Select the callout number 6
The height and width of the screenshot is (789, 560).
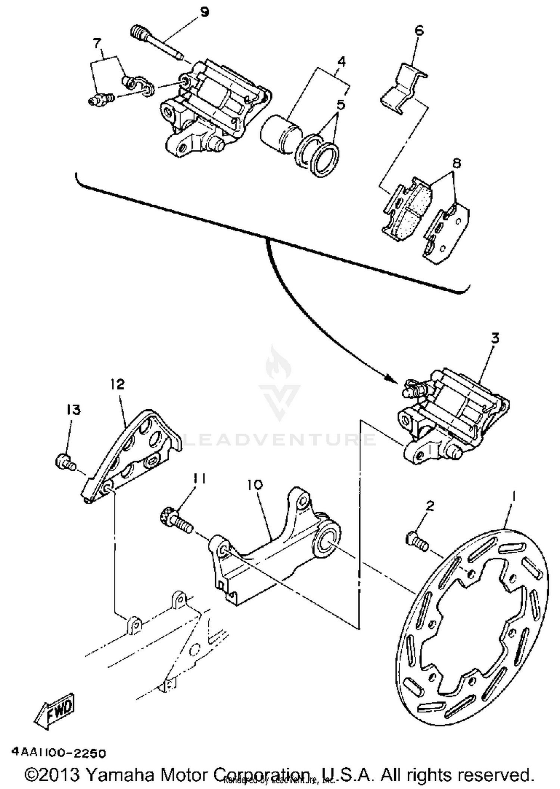(419, 30)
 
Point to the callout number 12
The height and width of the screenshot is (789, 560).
(117, 384)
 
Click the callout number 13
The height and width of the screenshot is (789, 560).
(74, 410)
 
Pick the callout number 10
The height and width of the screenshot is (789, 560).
(255, 485)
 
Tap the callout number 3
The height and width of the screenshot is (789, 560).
(495, 339)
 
